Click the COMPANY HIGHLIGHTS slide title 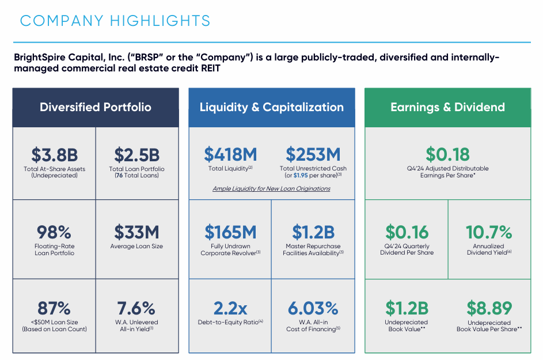coord(115,21)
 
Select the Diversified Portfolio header coord(96,107)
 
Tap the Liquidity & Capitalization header coord(272,107)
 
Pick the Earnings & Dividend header coord(447,107)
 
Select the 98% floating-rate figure coord(54,232)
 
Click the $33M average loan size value coord(137,232)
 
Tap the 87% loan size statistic coord(54,308)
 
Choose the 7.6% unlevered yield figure coord(137,308)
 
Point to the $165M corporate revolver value coord(230,232)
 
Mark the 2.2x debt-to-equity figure coord(230,308)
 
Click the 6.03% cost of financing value coord(313,308)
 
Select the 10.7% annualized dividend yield coord(489,232)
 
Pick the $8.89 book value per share coord(489,308)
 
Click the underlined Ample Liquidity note coord(271,188)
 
